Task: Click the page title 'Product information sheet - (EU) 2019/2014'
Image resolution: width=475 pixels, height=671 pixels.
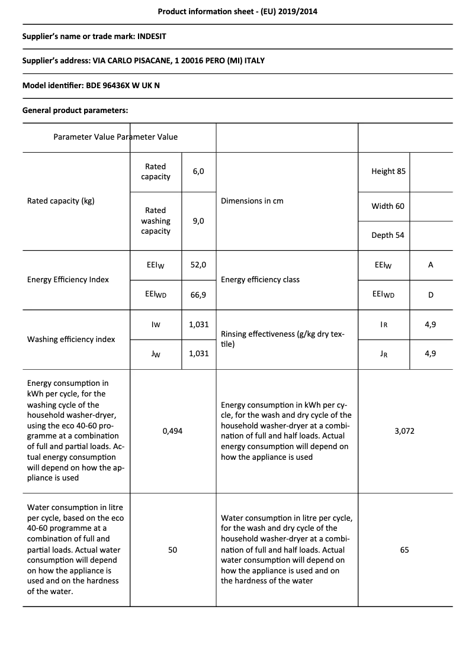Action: [237, 11]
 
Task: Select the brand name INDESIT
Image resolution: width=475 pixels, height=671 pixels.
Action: [152, 36]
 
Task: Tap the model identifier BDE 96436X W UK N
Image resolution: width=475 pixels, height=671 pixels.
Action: [123, 85]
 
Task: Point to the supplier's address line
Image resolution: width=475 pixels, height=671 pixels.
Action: [143, 60]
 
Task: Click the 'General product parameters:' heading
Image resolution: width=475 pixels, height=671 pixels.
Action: [75, 110]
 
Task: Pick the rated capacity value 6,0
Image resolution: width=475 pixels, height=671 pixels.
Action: [198, 171]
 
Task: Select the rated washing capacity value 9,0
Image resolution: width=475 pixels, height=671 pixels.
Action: [198, 221]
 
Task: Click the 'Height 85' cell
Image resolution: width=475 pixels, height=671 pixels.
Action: [389, 171]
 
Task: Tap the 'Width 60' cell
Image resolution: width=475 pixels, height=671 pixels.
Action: [388, 206]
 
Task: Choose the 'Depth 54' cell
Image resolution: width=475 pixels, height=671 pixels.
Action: [388, 235]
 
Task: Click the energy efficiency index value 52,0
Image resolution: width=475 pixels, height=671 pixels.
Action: [198, 265]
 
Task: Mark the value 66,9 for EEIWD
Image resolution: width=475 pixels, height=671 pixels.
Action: [198, 294]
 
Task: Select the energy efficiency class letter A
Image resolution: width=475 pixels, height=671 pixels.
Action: [431, 265]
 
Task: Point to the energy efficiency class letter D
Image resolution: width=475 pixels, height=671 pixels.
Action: [431, 294]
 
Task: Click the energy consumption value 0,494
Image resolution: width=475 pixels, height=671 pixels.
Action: [172, 431]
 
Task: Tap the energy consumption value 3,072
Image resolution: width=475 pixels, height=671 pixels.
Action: [405, 431]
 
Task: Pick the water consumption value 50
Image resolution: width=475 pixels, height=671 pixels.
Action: [172, 550]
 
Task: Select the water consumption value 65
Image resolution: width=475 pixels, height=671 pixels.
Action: [405, 550]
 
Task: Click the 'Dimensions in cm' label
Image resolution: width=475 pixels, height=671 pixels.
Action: [252, 201]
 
